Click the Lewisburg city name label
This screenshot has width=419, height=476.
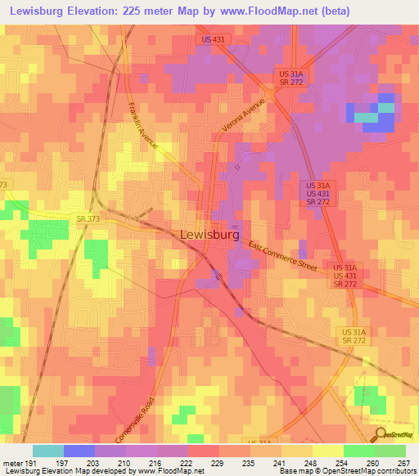pyautogui.click(x=209, y=235)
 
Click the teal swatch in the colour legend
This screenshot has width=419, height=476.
pyautogui.click(x=48, y=451)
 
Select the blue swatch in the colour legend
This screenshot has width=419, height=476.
pyautogui.click(x=79, y=451)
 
